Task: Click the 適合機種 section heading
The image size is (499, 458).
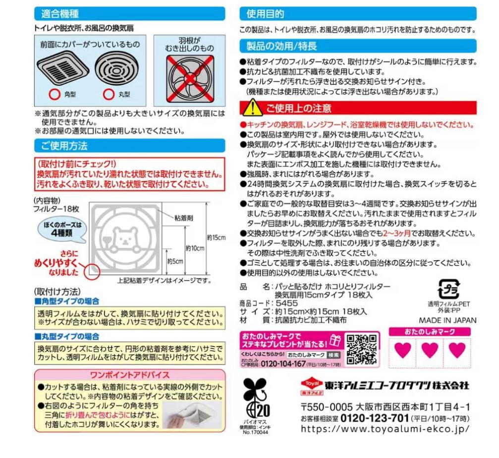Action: (60, 13)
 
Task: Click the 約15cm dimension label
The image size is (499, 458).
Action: (216, 238)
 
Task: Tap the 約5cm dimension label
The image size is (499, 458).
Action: (176, 261)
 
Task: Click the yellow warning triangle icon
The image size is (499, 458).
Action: (253, 107)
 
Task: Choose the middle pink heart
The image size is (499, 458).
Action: (429, 350)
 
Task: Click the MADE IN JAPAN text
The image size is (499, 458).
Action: (447, 320)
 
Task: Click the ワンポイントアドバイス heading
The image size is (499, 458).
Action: (129, 374)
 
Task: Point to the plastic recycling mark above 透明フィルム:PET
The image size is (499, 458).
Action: (448, 288)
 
